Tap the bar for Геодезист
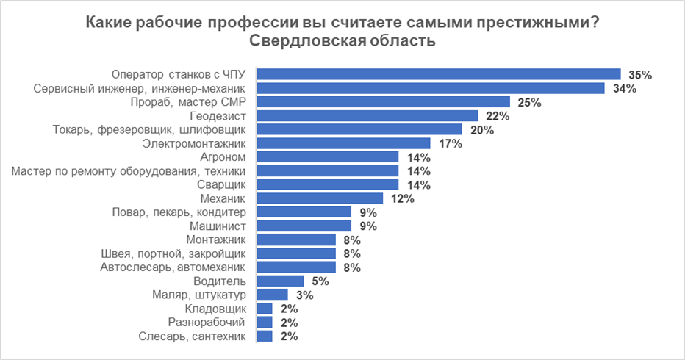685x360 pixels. (x=367, y=116)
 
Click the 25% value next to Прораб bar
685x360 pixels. (x=529, y=102)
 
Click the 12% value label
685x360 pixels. (x=404, y=198)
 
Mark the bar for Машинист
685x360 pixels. (x=304, y=226)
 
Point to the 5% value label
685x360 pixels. (x=320, y=281)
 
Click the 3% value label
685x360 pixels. (x=304, y=295)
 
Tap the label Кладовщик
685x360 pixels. (x=220, y=309)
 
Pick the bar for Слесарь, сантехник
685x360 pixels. (x=265, y=336)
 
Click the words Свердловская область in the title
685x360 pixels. (x=342, y=41)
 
